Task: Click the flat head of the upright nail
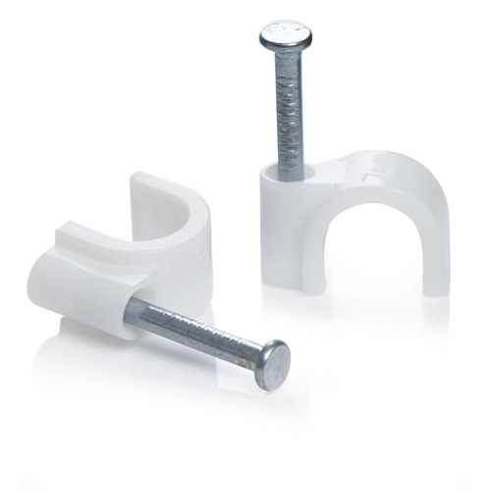[286, 37]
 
